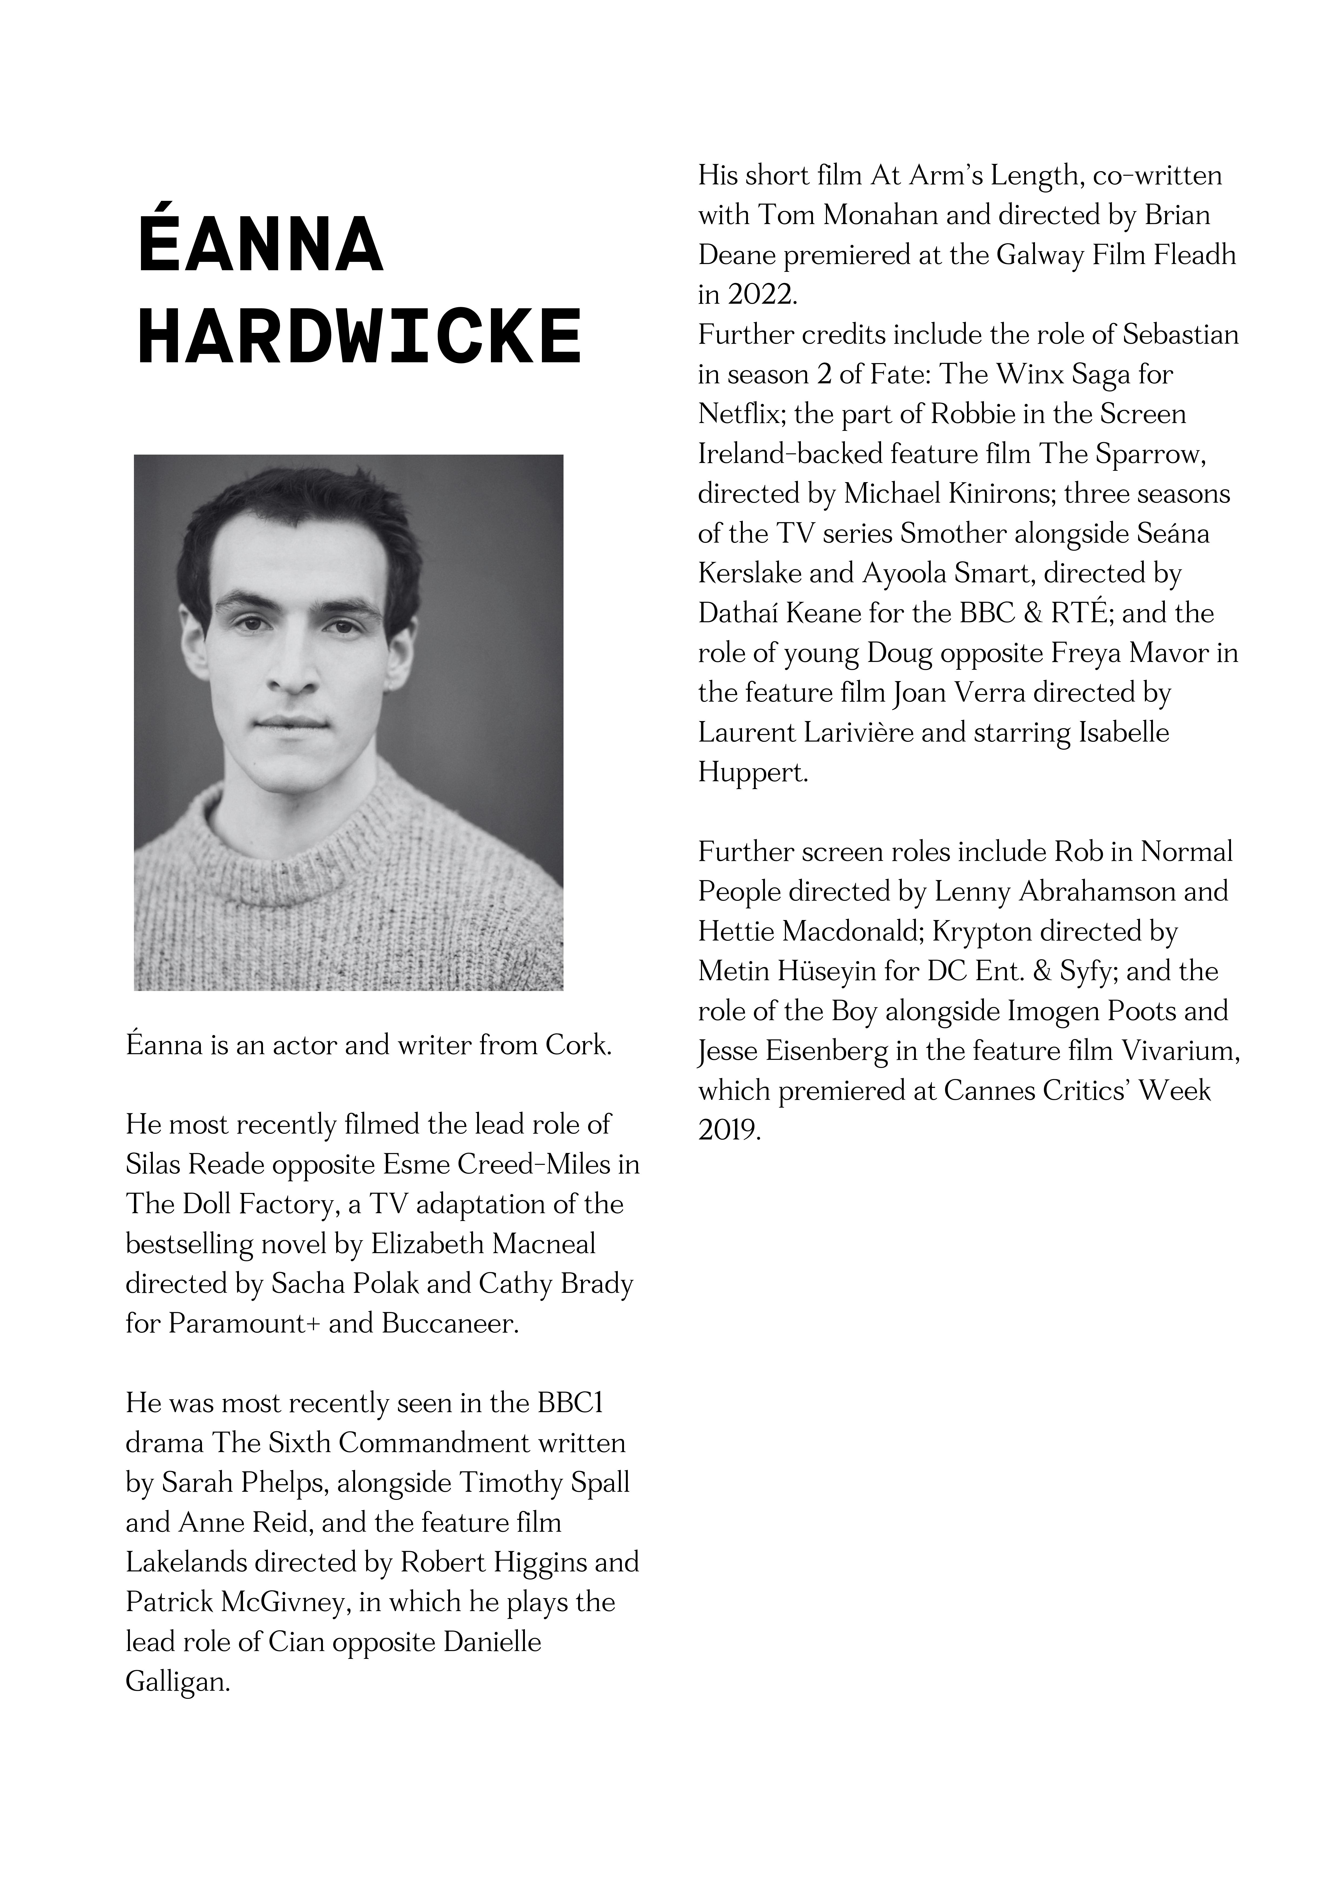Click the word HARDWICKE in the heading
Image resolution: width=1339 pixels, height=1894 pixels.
360,337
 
